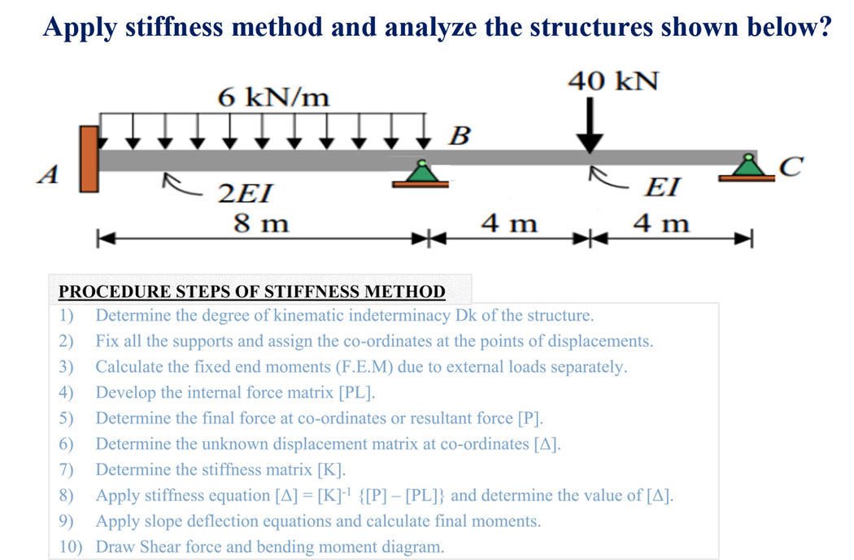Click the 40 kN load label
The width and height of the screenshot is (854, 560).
point(613,81)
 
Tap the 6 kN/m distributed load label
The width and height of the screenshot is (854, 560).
point(273,98)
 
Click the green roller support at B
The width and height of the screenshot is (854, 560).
point(421,173)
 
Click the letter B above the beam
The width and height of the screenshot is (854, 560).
point(459,135)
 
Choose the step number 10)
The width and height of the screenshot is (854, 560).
point(72,546)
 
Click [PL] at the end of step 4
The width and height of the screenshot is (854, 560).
point(356,392)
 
